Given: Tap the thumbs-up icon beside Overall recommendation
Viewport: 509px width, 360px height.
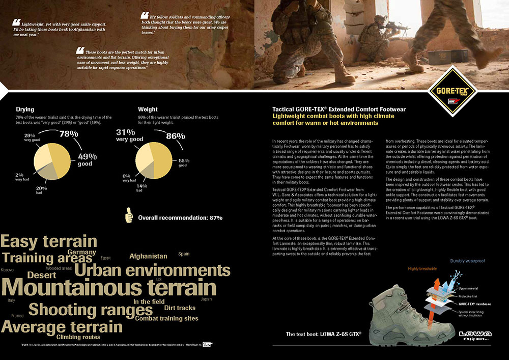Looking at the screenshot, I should [129, 216].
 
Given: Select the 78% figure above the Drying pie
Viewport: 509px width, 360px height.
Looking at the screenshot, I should [69, 134].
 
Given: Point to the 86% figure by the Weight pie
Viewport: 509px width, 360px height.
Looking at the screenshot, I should [176, 136].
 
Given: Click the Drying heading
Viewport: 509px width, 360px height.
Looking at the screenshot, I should [25, 109].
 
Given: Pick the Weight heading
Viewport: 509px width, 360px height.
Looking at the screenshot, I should [148, 109].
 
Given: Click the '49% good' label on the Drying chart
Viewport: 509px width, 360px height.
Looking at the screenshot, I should [87, 159].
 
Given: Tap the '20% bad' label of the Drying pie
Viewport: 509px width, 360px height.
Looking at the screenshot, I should [42, 190].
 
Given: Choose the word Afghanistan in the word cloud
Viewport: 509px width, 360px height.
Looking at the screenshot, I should [148, 256].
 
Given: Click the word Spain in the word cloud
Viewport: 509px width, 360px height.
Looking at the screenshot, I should [184, 254].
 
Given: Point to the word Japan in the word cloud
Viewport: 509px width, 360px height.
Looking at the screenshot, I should [206, 299].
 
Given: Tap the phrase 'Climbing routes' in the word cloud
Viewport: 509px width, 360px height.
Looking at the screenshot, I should [78, 337].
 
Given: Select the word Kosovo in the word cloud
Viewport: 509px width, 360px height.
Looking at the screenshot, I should [7, 269].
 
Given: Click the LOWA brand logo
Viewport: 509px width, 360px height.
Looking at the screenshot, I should [475, 335].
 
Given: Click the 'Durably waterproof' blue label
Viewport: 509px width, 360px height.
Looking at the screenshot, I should [467, 261].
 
